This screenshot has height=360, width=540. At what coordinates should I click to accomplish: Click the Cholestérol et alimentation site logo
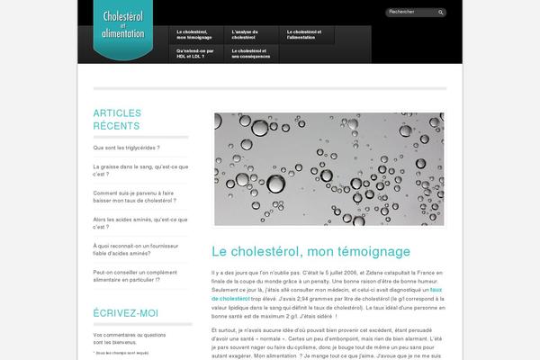pos(130,31)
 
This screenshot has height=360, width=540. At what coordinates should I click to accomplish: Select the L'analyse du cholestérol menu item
pos(251,34)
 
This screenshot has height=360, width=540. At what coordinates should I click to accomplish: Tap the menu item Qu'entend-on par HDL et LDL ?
pos(196,54)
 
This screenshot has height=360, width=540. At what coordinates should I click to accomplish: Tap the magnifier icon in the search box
pos(441,13)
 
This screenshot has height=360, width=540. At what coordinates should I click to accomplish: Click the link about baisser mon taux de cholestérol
pos(134,196)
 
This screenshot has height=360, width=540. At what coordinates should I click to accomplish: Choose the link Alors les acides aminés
pos(139,223)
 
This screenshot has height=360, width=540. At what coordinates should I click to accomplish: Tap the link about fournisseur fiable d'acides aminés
pos(137,249)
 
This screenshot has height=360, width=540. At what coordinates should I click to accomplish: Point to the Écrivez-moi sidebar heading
pos(125,313)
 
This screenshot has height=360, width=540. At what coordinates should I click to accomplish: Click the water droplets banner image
pos(328,168)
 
